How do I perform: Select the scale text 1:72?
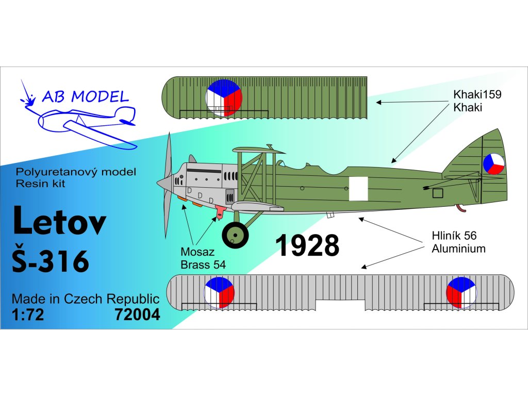tap(28, 315)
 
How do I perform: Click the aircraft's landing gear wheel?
tap(235, 235)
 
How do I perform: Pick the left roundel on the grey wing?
tap(219, 292)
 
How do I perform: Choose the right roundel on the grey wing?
tap(461, 292)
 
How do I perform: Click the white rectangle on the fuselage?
tap(359, 189)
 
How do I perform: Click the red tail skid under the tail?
tap(460, 208)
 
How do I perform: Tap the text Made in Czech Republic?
tap(85, 299)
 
